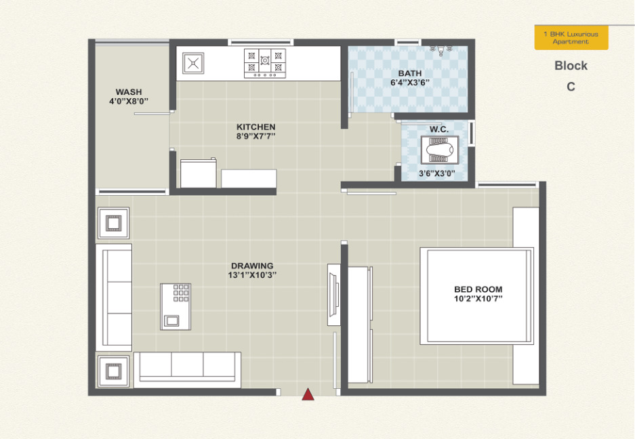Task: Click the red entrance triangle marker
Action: click(x=308, y=394)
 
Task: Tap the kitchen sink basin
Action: click(x=193, y=63)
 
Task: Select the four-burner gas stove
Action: click(x=265, y=63)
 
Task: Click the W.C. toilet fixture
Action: click(x=440, y=150)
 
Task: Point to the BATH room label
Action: click(x=410, y=73)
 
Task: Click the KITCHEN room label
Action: click(x=256, y=127)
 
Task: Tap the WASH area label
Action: click(x=129, y=92)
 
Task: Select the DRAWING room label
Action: click(x=252, y=266)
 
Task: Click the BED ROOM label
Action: click(x=478, y=289)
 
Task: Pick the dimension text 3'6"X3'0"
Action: click(x=437, y=173)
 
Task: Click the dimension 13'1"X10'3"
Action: click(x=252, y=275)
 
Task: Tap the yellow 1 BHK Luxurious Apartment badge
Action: click(x=571, y=38)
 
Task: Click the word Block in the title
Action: click(x=571, y=66)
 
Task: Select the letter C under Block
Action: click(x=571, y=87)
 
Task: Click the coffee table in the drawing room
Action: click(x=176, y=307)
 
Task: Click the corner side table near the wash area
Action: click(x=113, y=223)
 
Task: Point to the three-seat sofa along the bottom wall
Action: click(x=188, y=370)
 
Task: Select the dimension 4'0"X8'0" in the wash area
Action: click(x=129, y=101)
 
